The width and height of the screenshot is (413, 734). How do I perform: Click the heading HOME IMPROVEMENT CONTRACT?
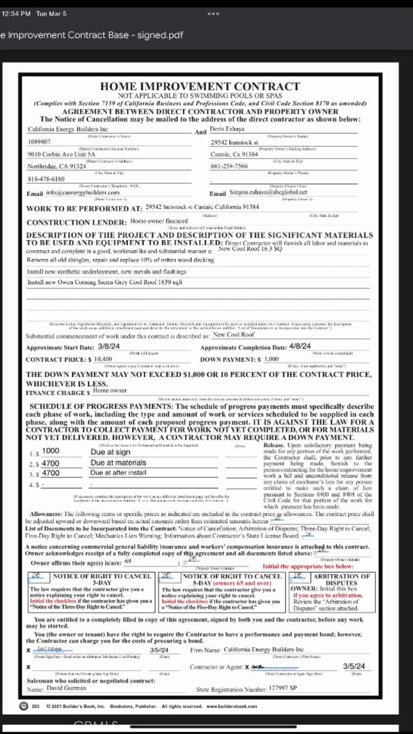click(200, 86)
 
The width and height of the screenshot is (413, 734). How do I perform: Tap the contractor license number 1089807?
click(39, 142)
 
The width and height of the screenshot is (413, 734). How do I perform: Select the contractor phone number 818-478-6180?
click(46, 179)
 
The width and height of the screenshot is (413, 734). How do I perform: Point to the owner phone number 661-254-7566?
click(229, 167)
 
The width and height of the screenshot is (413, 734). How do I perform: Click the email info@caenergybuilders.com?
click(83, 193)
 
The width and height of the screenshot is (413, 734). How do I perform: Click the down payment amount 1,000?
click(271, 359)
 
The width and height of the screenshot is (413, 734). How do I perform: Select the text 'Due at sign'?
click(111, 452)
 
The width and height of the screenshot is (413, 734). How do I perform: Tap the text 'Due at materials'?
click(118, 463)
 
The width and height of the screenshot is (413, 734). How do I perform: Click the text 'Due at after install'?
click(118, 473)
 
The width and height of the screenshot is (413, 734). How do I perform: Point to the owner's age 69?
click(128, 562)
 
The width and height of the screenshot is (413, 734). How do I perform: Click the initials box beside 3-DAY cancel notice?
click(37, 576)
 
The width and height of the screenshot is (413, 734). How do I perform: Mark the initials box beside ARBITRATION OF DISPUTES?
click(299, 576)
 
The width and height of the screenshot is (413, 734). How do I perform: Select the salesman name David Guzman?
click(66, 688)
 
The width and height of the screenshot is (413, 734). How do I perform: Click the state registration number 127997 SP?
click(283, 688)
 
